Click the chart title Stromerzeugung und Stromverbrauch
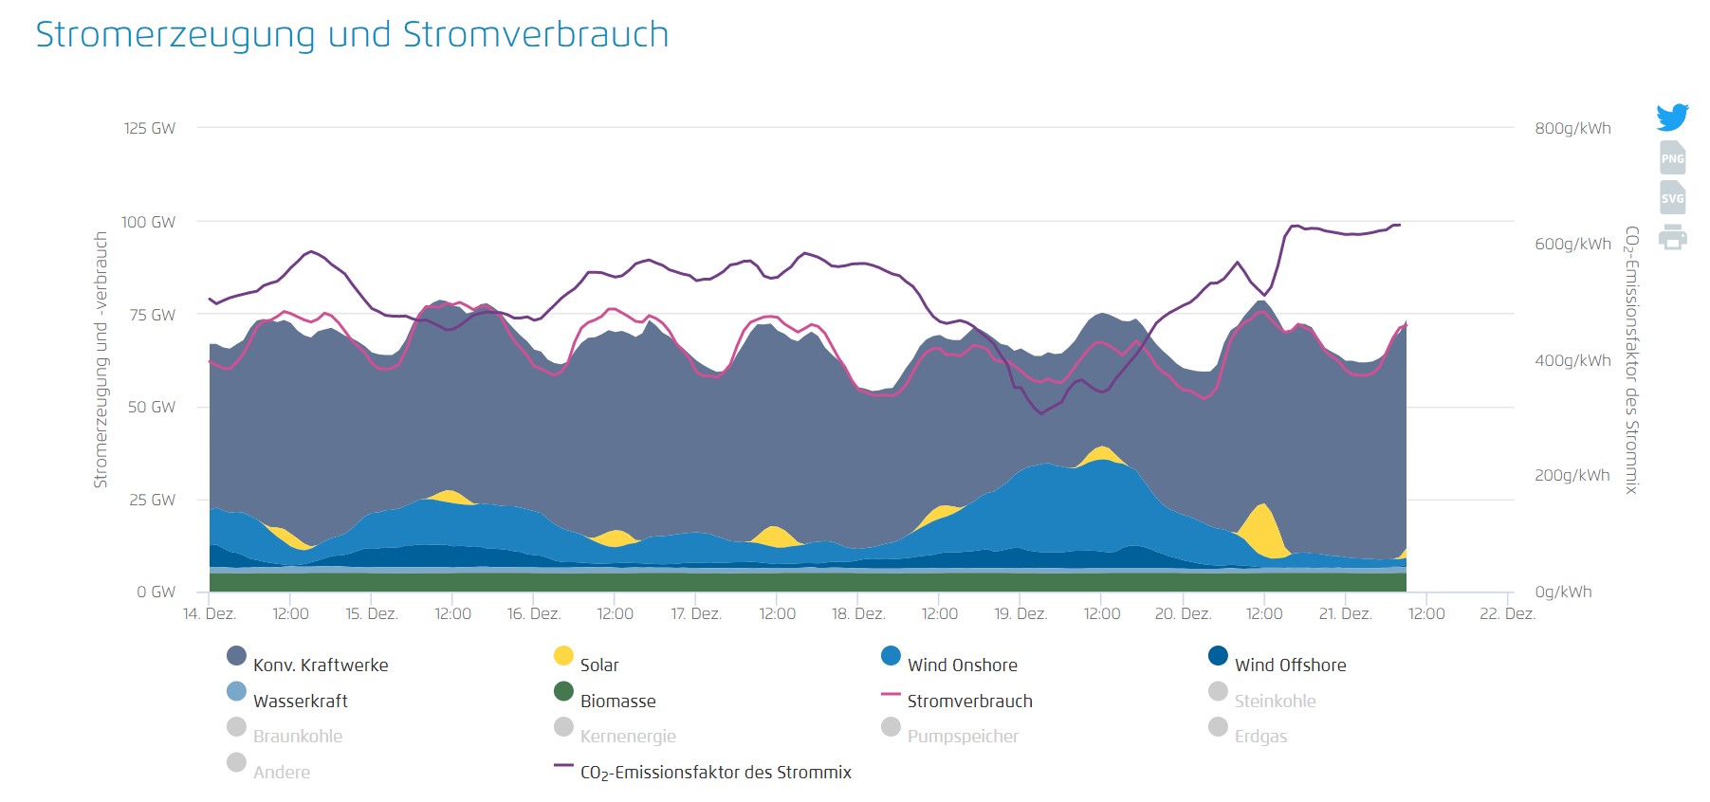tap(352, 35)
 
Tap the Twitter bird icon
tap(1672, 117)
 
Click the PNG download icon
tap(1672, 157)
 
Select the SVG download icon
tap(1672, 197)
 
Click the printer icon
tap(1672, 237)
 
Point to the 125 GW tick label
tap(149, 128)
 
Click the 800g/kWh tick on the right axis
tap(1572, 128)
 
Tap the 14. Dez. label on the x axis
tap(210, 613)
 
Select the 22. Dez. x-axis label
tap(1506, 613)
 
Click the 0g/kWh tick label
tap(1563, 592)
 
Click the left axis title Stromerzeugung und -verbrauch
tap(101, 360)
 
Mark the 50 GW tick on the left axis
tap(152, 407)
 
